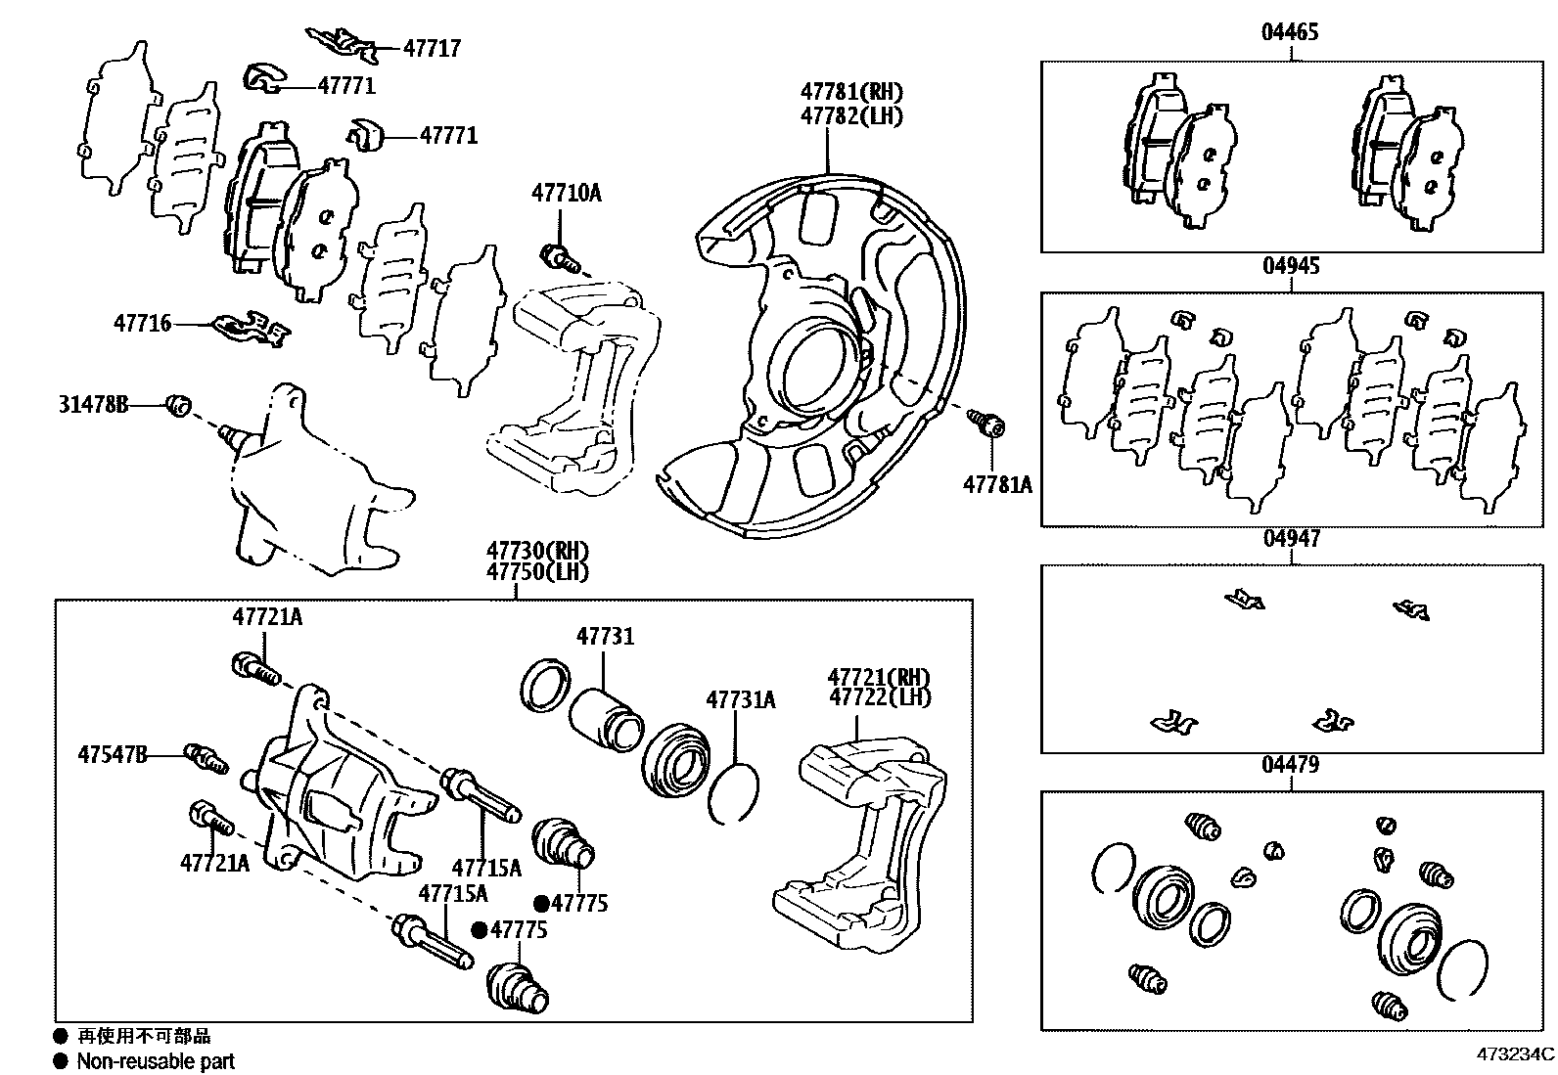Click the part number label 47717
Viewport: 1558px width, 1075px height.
[x=432, y=48]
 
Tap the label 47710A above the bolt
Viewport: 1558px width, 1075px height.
[x=567, y=194]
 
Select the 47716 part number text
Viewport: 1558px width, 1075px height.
[x=142, y=323]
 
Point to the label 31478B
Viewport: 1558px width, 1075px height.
[x=93, y=404]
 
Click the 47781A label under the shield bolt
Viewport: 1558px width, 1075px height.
[x=997, y=484]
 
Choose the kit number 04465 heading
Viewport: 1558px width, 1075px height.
[x=1289, y=32]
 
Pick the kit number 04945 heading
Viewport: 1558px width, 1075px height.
[x=1290, y=266]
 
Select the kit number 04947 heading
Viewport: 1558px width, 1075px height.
[x=1291, y=538]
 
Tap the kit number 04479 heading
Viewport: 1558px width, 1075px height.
[x=1289, y=765]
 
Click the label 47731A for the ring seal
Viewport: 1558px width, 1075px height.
[x=740, y=699]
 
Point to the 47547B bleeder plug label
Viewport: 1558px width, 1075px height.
[x=113, y=754]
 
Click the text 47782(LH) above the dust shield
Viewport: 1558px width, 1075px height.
[x=850, y=115]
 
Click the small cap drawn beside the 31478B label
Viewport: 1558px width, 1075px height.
[x=178, y=404]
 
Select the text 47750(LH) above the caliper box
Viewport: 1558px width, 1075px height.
[x=539, y=572]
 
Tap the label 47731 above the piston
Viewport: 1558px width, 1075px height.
[x=605, y=637]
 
